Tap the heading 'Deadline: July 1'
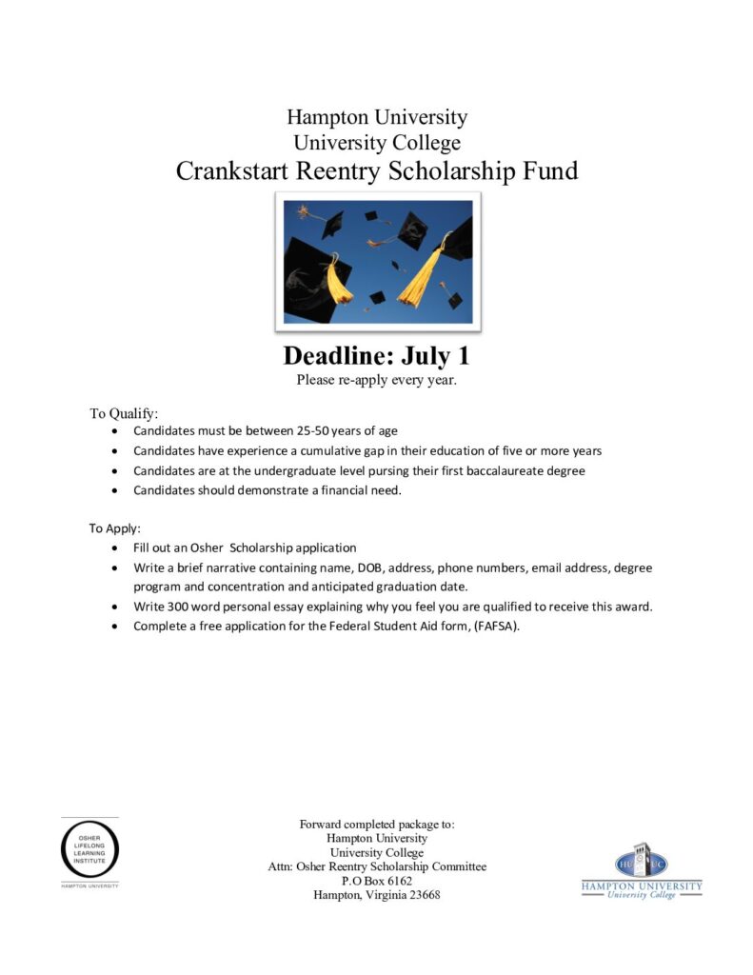click(377, 356)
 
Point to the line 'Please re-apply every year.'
click(377, 380)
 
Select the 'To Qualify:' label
click(124, 413)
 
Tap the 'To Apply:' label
click(114, 528)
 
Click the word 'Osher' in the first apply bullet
click(208, 548)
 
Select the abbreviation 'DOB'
click(373, 568)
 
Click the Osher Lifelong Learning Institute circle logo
click(90, 850)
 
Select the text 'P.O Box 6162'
click(377, 882)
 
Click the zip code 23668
click(421, 896)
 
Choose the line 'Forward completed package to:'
click(377, 825)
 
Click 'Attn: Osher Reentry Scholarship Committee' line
click(377, 867)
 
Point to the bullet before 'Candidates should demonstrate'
click(115, 491)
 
